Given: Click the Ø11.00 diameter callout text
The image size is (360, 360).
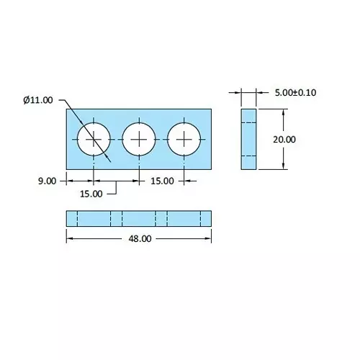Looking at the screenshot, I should tap(37, 100).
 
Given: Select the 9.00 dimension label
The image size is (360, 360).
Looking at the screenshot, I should tap(46, 181).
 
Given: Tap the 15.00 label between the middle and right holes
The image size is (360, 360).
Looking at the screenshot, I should tap(162, 181).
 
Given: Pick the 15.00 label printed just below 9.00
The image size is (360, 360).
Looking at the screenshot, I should tap(91, 193).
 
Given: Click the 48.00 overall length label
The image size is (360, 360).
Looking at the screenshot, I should tap(138, 239).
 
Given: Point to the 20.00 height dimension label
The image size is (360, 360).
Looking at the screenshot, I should tap(284, 140).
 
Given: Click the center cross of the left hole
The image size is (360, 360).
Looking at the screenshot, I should tap(94, 138).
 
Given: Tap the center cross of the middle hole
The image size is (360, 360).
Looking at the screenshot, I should tap(139, 138).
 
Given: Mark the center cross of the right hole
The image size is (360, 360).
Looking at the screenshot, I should tap(184, 138).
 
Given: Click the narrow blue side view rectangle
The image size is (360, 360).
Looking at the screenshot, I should tap(248, 139).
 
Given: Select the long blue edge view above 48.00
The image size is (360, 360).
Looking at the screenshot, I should tap(138, 217).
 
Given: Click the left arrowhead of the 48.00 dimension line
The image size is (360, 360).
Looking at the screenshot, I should tap(69, 239).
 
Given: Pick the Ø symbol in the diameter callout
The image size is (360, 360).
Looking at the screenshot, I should tap(26, 100).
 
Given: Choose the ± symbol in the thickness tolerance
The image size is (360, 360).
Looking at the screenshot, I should tap(296, 92).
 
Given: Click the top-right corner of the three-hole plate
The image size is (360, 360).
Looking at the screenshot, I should tap(212, 109).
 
